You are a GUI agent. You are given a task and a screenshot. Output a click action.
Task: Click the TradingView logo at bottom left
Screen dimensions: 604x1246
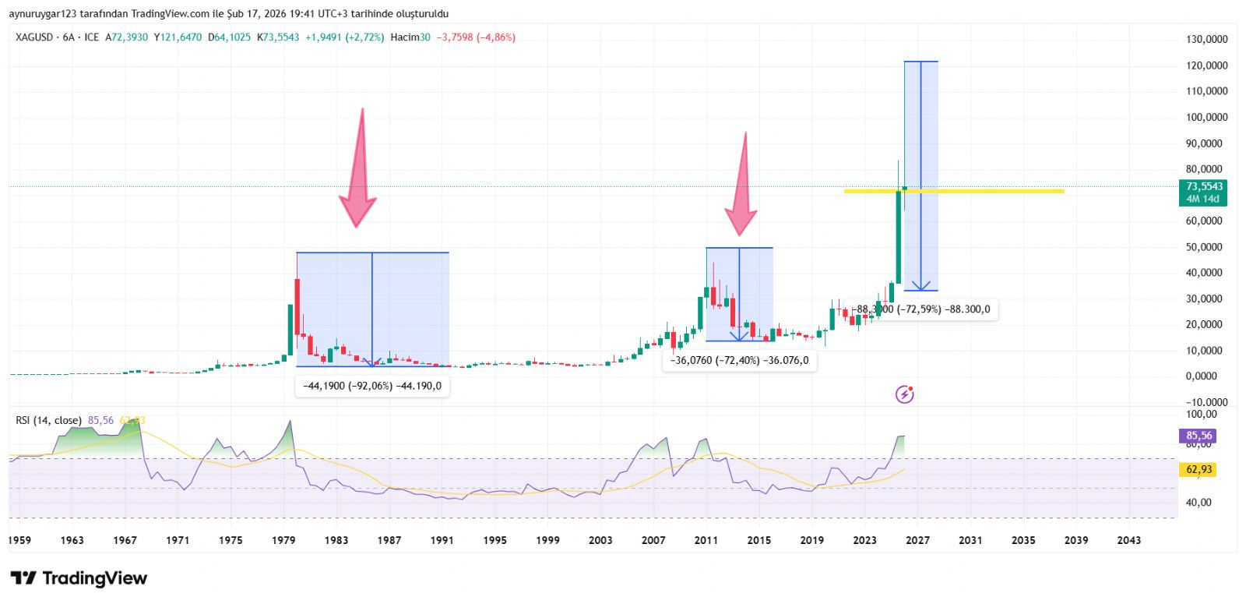click(79, 578)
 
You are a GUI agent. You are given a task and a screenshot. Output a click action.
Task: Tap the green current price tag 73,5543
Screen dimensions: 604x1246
click(1204, 187)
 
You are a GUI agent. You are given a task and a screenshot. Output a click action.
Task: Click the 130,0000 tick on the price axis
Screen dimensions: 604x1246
click(1206, 39)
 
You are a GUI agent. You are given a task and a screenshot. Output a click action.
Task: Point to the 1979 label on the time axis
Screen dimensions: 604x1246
click(283, 540)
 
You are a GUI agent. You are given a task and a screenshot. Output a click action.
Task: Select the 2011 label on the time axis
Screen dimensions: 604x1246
click(706, 540)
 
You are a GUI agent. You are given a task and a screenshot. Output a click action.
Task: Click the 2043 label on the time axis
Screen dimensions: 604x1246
click(1128, 540)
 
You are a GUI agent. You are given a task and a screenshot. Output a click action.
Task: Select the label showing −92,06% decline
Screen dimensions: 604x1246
click(372, 386)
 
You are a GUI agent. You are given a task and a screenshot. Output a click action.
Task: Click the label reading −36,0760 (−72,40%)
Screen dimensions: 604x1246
click(739, 360)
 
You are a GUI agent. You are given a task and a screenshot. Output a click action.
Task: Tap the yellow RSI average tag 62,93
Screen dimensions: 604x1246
click(1199, 469)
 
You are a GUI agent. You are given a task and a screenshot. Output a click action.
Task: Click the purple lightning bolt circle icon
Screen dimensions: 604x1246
click(904, 394)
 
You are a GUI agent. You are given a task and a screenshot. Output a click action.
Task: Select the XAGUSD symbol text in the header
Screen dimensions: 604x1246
click(34, 37)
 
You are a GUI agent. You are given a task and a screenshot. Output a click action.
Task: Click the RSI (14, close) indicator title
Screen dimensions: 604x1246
click(48, 421)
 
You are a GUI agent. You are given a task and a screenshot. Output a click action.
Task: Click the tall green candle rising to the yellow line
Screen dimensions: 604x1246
click(898, 237)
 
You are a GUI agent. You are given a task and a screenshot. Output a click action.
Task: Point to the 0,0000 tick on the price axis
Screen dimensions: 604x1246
click(1206, 376)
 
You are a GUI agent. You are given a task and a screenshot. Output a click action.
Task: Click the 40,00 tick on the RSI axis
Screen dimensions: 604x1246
click(1198, 503)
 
